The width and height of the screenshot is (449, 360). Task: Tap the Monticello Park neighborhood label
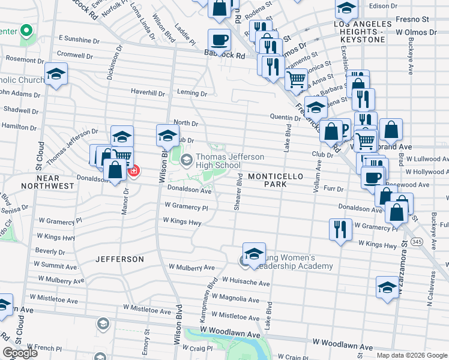[276, 179]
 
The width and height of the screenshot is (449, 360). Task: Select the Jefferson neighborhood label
[119, 259]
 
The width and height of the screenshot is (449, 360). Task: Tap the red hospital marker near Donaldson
[133, 171]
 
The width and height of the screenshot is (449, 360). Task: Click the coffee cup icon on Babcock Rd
[219, 40]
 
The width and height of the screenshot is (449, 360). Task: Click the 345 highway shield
[417, 241]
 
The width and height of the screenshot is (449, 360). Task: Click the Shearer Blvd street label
[238, 191]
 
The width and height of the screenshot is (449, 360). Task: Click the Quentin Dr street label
[285, 118]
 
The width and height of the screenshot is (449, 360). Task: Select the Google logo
[19, 353]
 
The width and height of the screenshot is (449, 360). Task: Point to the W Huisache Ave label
[246, 280]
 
